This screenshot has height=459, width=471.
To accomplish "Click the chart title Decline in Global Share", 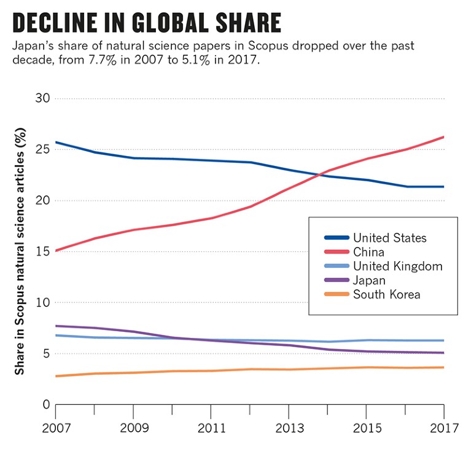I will (x=146, y=23).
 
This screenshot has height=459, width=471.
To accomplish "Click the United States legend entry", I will (x=389, y=238).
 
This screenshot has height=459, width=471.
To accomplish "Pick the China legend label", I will (x=368, y=252).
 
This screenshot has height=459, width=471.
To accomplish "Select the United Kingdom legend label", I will (x=397, y=266).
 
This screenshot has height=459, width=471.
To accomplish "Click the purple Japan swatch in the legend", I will (x=336, y=280).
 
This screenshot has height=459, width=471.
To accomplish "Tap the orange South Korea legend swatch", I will (x=336, y=294).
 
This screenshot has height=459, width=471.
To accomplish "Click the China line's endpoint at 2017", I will (x=443, y=137).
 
